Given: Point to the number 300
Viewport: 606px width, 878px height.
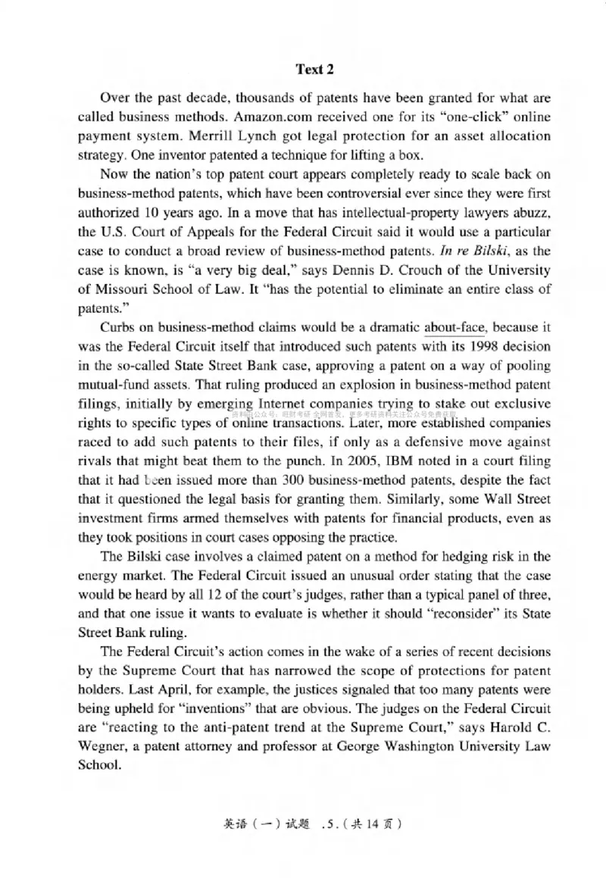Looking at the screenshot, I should pos(297,480).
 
